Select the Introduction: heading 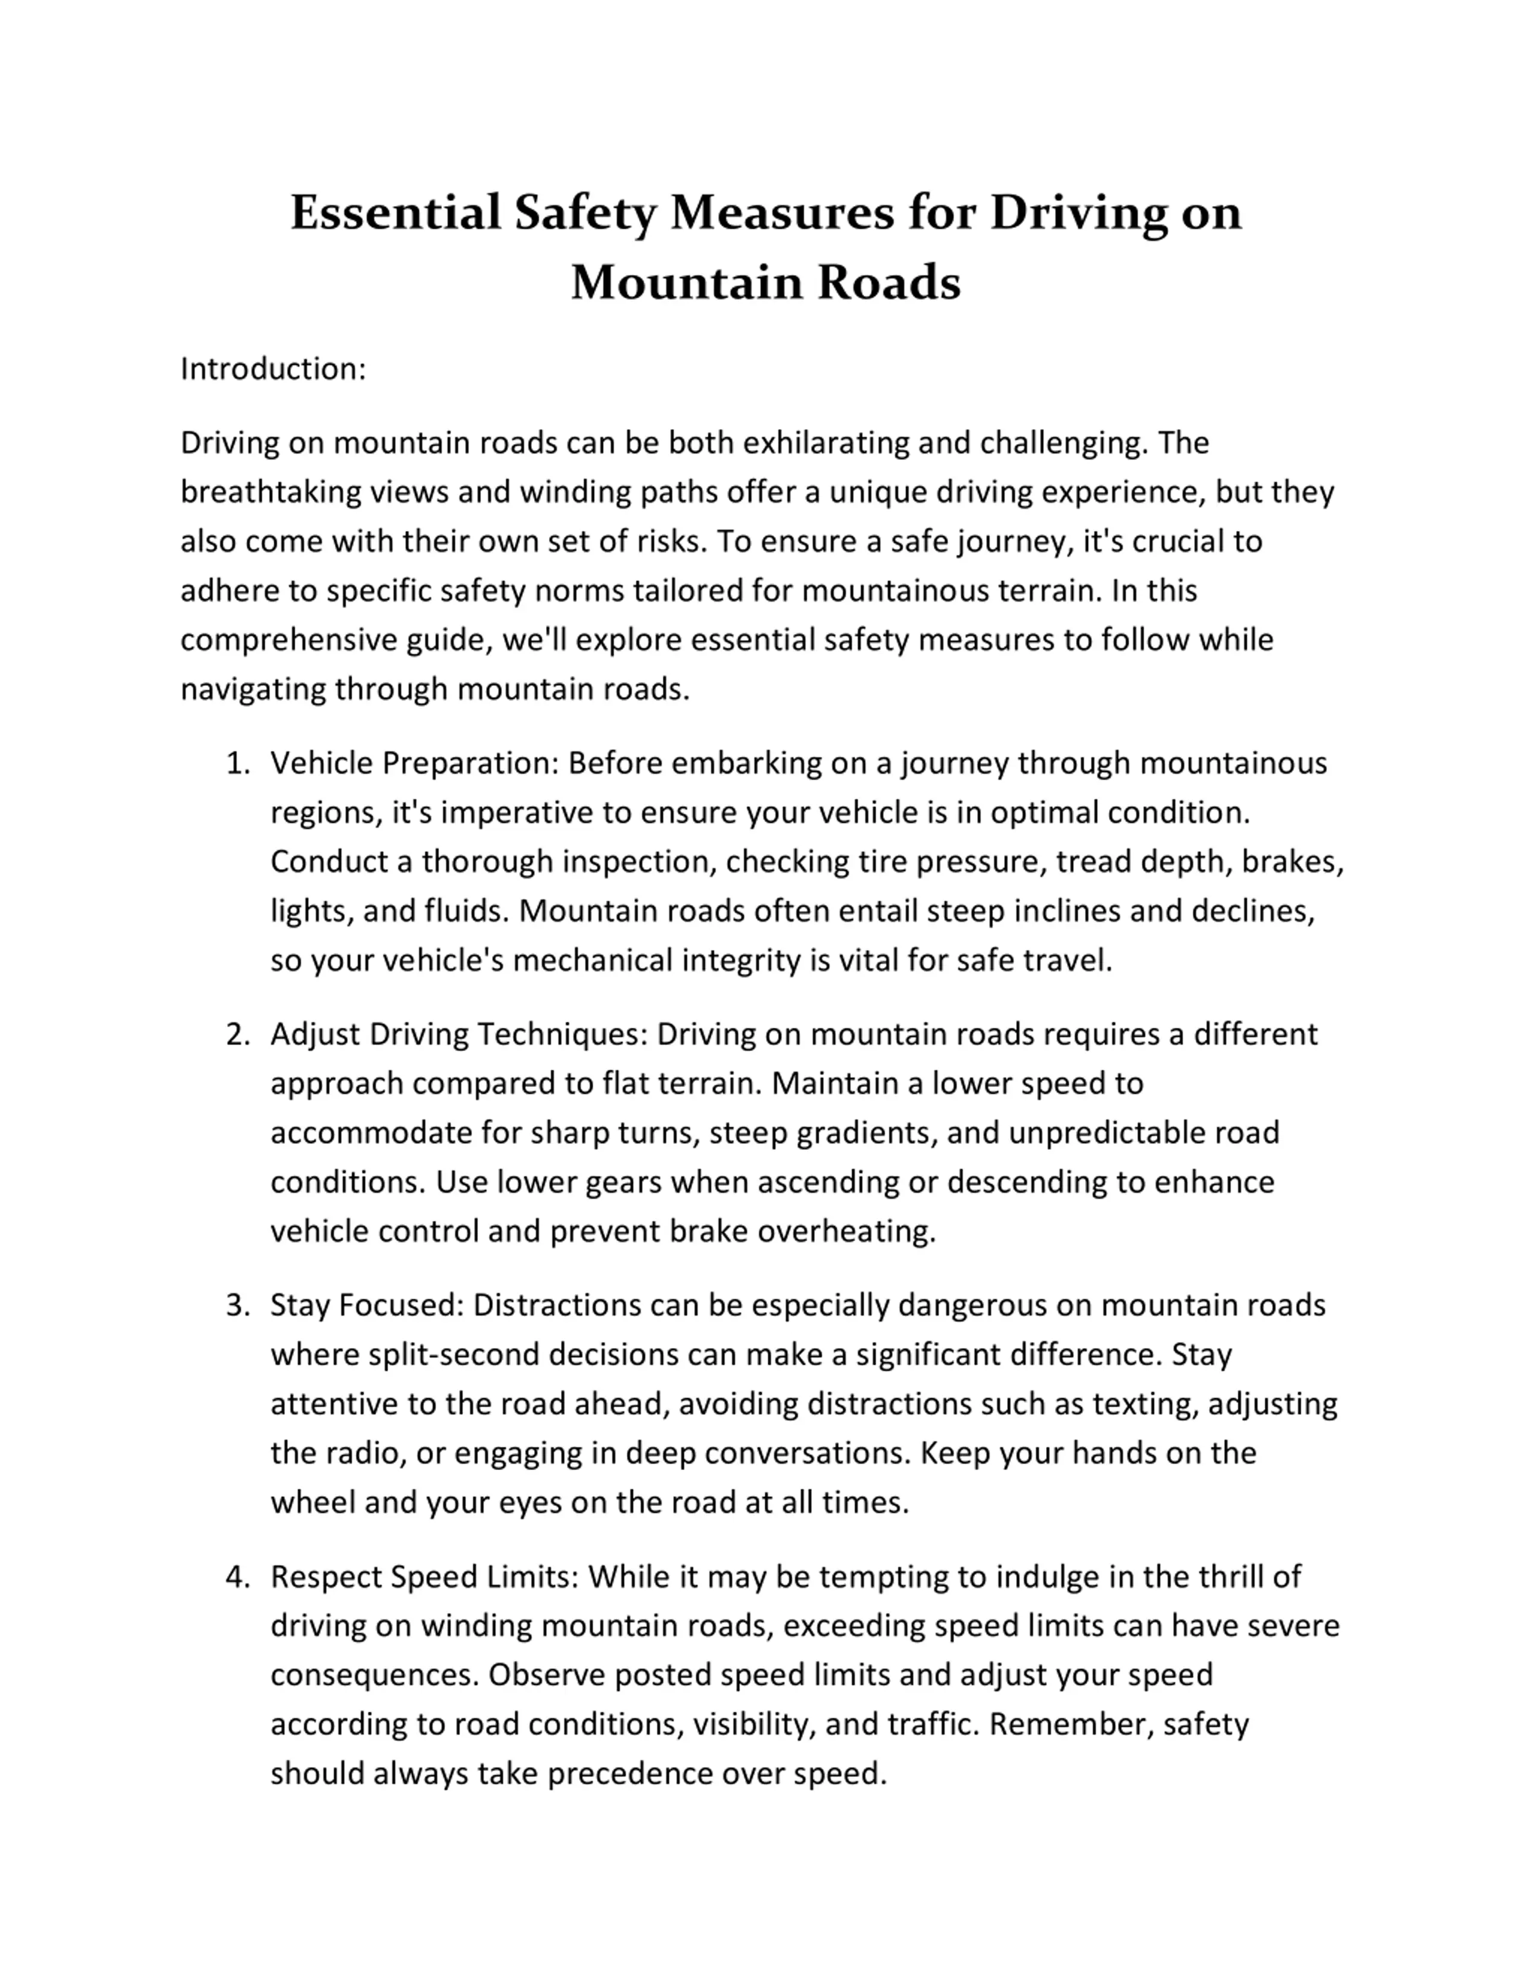[272, 369]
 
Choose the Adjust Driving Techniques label [459, 1034]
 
